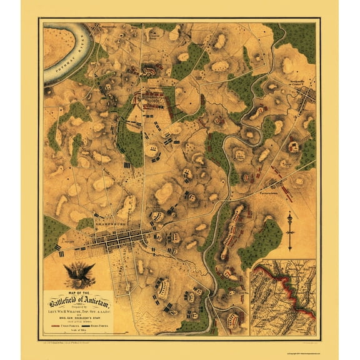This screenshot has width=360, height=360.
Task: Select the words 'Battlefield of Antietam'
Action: point(78,300)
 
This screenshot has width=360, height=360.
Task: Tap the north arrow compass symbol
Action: point(289,231)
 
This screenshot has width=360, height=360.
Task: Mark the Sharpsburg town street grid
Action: point(119,240)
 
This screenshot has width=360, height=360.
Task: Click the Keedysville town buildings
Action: point(306,95)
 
